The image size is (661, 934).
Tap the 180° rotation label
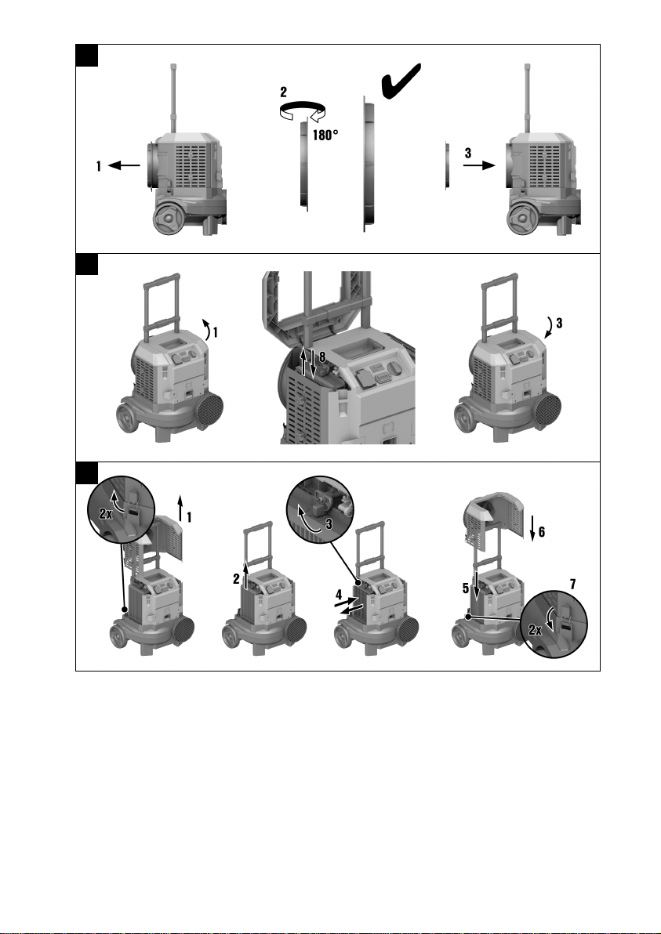(325, 136)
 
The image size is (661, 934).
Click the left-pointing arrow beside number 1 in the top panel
(124, 165)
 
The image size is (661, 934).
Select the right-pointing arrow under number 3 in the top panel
(479, 165)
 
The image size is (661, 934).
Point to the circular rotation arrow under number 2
(303, 110)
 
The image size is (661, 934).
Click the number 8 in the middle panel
(321, 357)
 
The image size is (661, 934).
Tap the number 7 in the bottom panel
(572, 585)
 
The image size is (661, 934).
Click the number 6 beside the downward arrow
(541, 531)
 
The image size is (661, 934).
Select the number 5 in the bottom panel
(466, 588)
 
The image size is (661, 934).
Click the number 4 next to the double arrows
(339, 595)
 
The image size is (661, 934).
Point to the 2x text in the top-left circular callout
(106, 513)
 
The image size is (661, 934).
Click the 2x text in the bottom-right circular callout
(536, 629)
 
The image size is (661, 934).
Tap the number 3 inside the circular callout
(329, 525)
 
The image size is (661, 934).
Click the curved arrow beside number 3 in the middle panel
(551, 328)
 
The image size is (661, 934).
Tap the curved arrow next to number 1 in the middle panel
(207, 329)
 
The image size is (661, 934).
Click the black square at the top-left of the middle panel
(87, 265)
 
